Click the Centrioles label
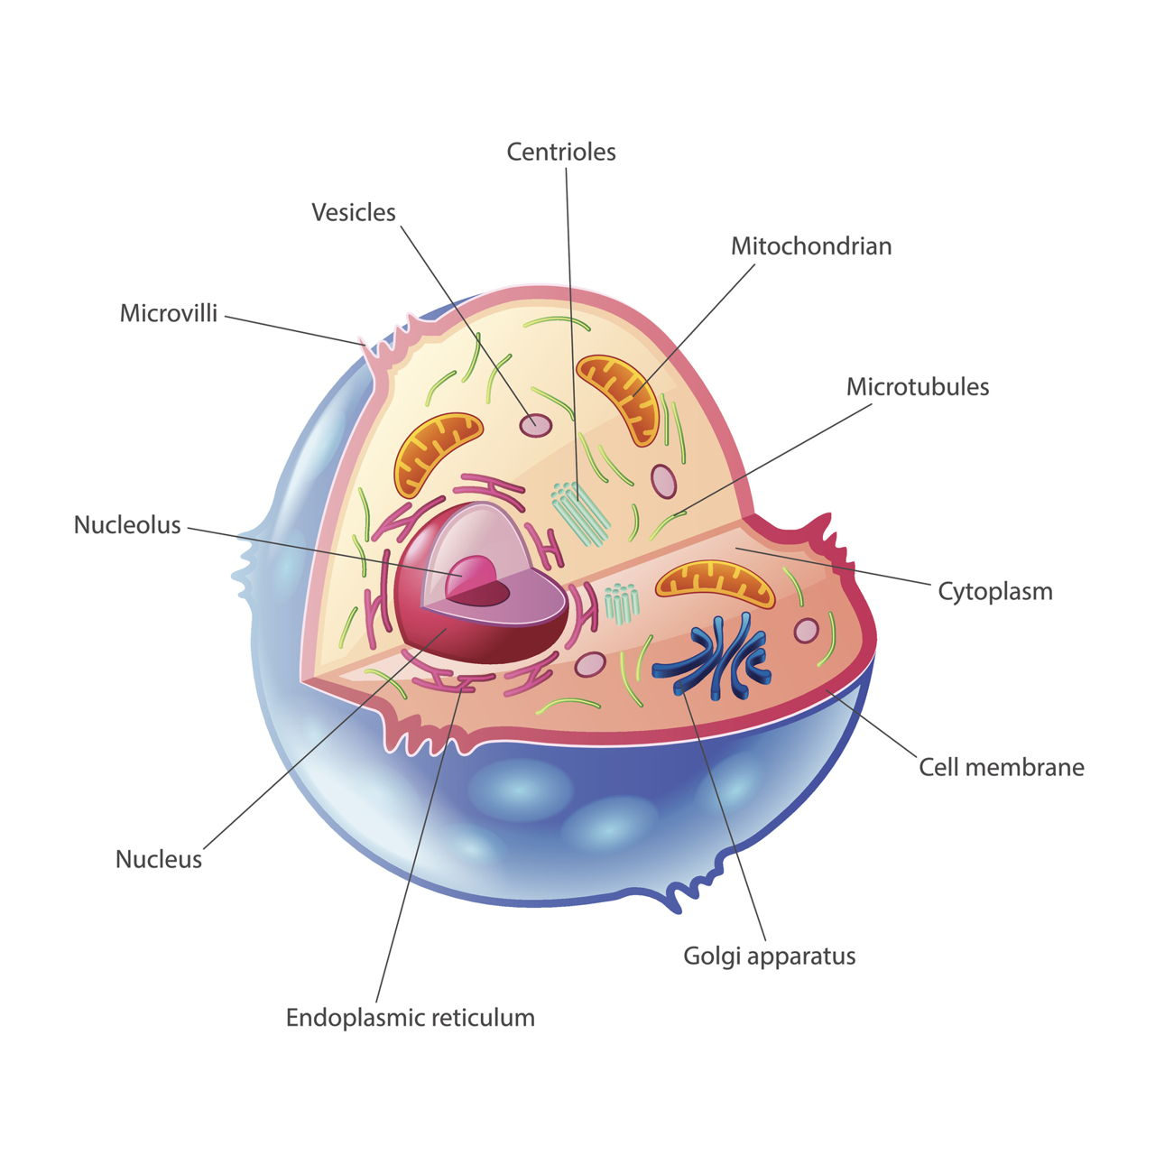pyautogui.click(x=561, y=152)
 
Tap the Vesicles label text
pyautogui.click(x=354, y=212)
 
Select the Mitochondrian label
pyautogui.click(x=811, y=246)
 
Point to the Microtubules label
pyautogui.click(x=918, y=386)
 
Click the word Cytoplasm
pyautogui.click(x=995, y=592)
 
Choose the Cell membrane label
pyautogui.click(x=1002, y=767)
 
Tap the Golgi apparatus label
pyautogui.click(x=770, y=956)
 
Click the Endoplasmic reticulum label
pyautogui.click(x=410, y=1018)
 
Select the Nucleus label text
pyautogui.click(x=158, y=860)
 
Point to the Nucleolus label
pyautogui.click(x=127, y=525)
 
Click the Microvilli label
pyautogui.click(x=169, y=313)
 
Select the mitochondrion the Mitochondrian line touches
pyautogui.click(x=618, y=399)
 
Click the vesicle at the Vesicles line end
pyautogui.click(x=535, y=426)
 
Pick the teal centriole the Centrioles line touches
pyautogui.click(x=579, y=513)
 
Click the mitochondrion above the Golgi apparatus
pyautogui.click(x=715, y=583)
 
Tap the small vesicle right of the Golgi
pyautogui.click(x=806, y=631)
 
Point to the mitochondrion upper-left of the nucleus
pyautogui.click(x=436, y=453)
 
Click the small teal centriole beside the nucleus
pyautogui.click(x=622, y=604)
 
